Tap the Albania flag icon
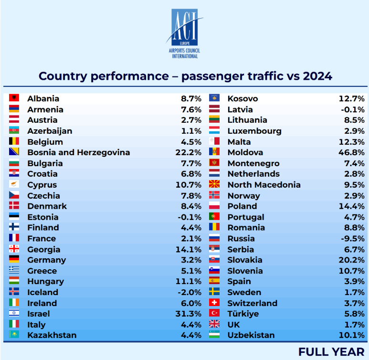(x=14, y=98)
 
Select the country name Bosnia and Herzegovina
(x=79, y=153)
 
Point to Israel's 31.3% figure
(x=188, y=314)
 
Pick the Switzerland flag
(x=214, y=303)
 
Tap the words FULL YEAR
(x=331, y=352)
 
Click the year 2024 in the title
(x=317, y=76)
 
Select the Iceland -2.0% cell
(x=189, y=293)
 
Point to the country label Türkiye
(x=243, y=314)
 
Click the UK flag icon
(x=214, y=324)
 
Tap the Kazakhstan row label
(x=52, y=335)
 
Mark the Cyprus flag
(x=14, y=185)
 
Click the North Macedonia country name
(x=264, y=185)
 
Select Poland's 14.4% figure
(x=353, y=206)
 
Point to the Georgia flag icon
(x=14, y=249)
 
